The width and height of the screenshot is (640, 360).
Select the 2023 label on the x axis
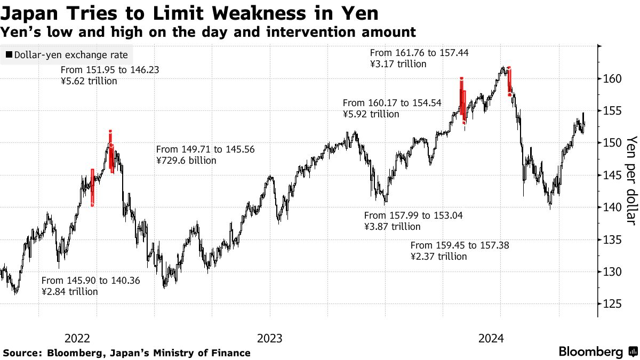[270, 338]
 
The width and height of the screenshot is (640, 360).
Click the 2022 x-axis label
[77, 338]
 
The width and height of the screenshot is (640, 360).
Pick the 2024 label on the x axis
[491, 338]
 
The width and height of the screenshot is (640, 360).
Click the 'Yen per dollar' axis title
[631, 180]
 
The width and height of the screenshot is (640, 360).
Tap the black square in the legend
[9, 55]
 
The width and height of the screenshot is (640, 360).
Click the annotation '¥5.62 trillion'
[89, 81]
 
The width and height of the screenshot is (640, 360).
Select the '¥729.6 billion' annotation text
[186, 160]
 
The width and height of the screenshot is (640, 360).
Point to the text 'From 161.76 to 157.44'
[419, 53]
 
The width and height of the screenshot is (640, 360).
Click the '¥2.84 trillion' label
[69, 292]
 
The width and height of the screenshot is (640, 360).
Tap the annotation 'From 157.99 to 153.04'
[413, 215]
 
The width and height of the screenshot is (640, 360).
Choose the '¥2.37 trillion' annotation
[438, 257]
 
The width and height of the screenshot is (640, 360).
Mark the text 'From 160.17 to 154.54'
[392, 103]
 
